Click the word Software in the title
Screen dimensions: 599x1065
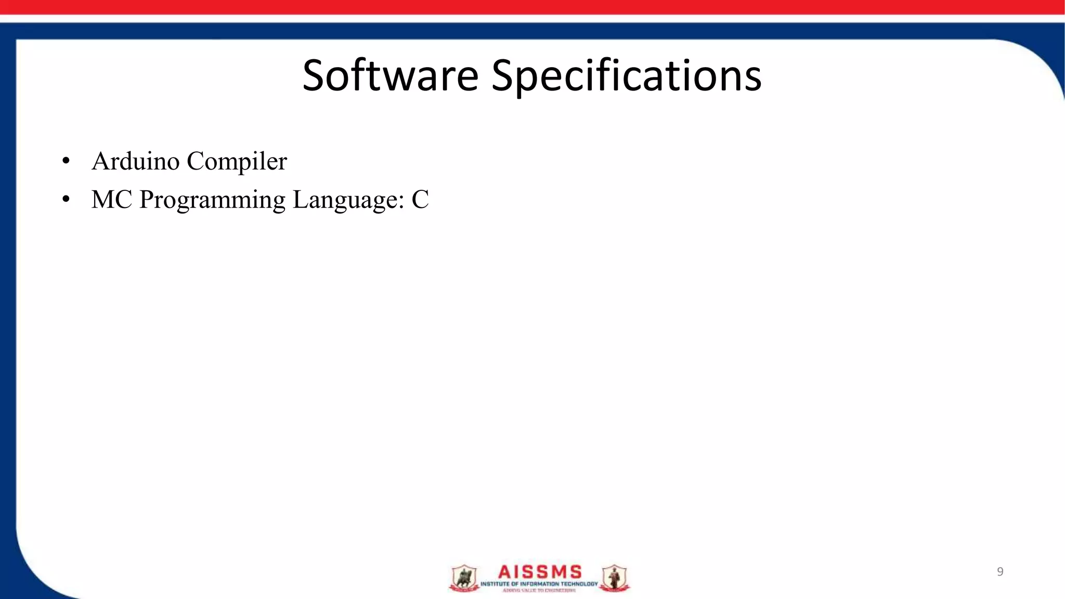(390, 75)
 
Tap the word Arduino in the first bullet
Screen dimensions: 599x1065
(136, 161)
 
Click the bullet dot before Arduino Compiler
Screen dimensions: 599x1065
(66, 161)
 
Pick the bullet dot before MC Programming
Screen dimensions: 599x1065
(66, 200)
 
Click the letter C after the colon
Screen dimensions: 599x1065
(420, 200)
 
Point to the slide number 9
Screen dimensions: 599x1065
(999, 572)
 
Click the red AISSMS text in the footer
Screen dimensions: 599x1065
(539, 572)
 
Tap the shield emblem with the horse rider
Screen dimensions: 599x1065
(464, 578)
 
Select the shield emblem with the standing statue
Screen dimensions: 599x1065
(614, 578)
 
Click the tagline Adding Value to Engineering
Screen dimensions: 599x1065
(539, 591)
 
